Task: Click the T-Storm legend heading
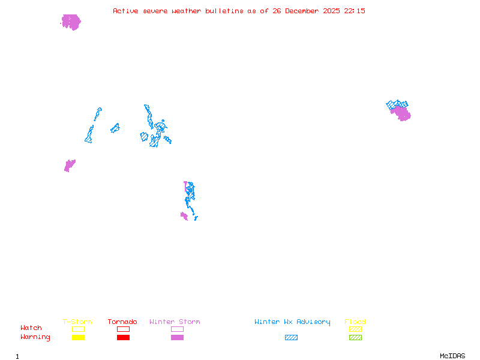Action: pyautogui.click(x=77, y=322)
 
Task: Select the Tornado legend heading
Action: pyautogui.click(x=122, y=322)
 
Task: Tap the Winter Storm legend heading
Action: pyautogui.click(x=175, y=322)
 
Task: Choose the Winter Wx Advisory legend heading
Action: pyautogui.click(x=292, y=322)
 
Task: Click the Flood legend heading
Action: pyautogui.click(x=355, y=322)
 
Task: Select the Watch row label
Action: pyautogui.click(x=31, y=328)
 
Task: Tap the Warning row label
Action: pyautogui.click(x=35, y=337)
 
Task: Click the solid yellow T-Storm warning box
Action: pyautogui.click(x=78, y=337)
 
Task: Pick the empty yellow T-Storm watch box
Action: pyautogui.click(x=78, y=329)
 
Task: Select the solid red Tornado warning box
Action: pyautogui.click(x=123, y=337)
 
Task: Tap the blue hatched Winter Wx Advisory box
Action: pyautogui.click(x=291, y=337)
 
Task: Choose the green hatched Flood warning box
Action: pyautogui.click(x=355, y=337)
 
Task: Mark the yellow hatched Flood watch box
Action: pyautogui.click(x=355, y=329)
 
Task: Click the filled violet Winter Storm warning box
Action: pyautogui.click(x=177, y=337)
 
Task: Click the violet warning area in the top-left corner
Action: pyautogui.click(x=71, y=22)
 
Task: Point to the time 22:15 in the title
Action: pyautogui.click(x=355, y=11)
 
